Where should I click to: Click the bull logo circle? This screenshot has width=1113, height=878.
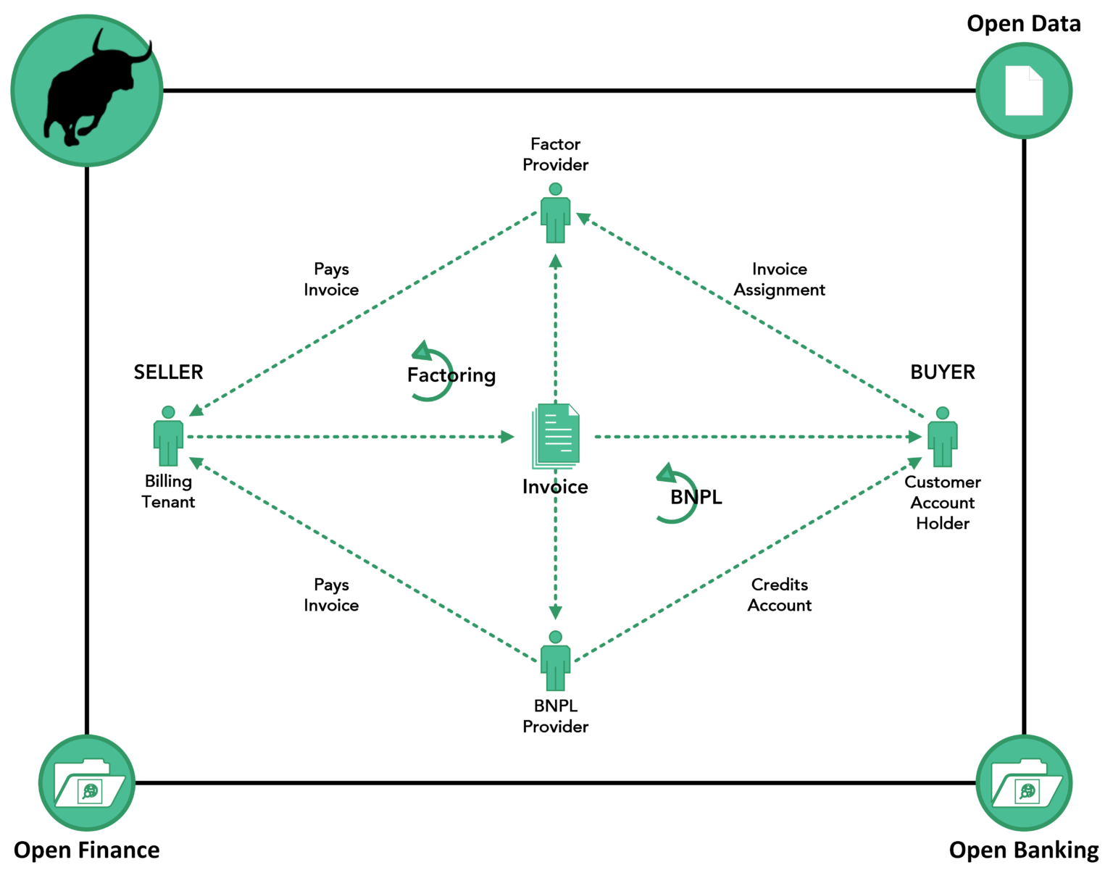pyautogui.click(x=86, y=90)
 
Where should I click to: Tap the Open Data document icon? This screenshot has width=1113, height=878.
pyautogui.click(x=1024, y=91)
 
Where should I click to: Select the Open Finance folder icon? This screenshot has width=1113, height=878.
pyautogui.click(x=86, y=783)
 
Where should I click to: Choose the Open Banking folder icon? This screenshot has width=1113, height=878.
pyautogui.click(x=1024, y=783)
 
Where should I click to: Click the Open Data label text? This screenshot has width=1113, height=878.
pyautogui.click(x=1023, y=24)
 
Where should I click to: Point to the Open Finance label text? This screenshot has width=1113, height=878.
pyautogui.click(x=86, y=850)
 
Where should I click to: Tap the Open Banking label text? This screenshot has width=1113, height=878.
pyautogui.click(x=1023, y=850)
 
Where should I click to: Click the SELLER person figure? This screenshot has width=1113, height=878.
pyautogui.click(x=168, y=436)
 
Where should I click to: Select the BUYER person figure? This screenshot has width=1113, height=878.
pyautogui.click(x=942, y=436)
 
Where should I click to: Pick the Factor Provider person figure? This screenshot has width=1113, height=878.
pyautogui.click(x=556, y=213)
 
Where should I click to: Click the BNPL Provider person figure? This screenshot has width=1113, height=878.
pyautogui.click(x=556, y=661)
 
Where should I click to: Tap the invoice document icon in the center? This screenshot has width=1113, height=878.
pyautogui.click(x=556, y=437)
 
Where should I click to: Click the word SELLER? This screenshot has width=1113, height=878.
pyautogui.click(x=168, y=372)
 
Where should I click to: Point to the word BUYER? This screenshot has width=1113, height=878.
pyautogui.click(x=942, y=372)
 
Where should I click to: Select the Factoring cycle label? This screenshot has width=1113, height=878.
pyautogui.click(x=451, y=375)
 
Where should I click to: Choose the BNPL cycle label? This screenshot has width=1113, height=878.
pyautogui.click(x=696, y=496)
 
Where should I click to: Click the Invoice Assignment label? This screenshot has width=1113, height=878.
pyautogui.click(x=780, y=280)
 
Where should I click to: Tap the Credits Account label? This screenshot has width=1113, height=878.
pyautogui.click(x=780, y=595)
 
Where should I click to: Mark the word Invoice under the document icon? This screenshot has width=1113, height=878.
pyautogui.click(x=555, y=487)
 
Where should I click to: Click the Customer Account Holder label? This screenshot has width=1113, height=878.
pyautogui.click(x=942, y=502)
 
